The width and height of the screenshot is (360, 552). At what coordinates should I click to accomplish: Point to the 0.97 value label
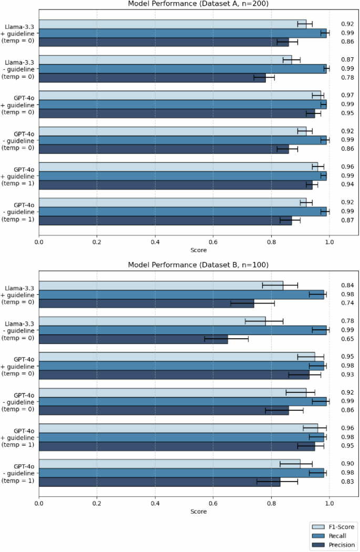[x=347, y=95]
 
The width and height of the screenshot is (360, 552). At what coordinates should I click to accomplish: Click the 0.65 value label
[x=347, y=339]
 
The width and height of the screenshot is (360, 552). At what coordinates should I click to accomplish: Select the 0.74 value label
[x=347, y=304]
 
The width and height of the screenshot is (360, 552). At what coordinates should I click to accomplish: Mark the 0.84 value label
[x=347, y=285]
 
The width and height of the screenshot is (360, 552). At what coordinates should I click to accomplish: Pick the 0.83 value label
[x=347, y=482]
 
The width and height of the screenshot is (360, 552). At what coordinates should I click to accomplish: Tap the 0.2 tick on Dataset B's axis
[x=97, y=502]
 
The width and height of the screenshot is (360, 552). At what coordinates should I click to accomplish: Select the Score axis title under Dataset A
[x=198, y=250]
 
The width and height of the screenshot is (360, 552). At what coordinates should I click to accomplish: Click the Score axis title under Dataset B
[x=198, y=511]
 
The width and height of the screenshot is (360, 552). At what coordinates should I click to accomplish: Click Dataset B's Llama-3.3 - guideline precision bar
[x=133, y=339]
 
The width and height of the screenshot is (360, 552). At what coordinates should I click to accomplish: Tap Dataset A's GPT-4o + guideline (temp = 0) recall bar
[x=182, y=104]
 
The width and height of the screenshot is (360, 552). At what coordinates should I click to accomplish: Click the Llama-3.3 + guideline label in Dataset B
[x=19, y=295]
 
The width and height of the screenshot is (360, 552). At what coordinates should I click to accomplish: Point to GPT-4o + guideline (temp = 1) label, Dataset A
[x=19, y=176]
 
